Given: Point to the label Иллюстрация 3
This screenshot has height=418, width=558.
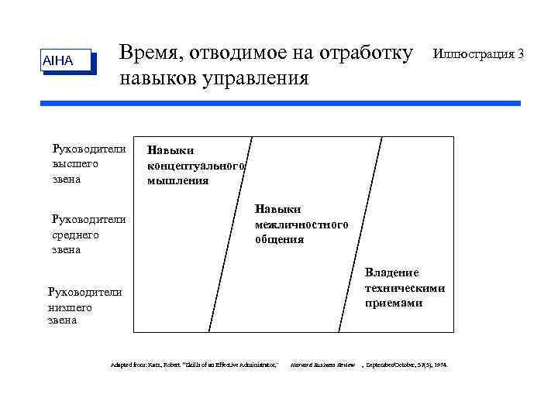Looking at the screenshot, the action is click(x=478, y=54).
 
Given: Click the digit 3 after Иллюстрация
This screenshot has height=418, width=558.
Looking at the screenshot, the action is click(x=521, y=54).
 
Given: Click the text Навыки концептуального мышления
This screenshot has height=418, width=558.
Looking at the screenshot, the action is click(x=196, y=165).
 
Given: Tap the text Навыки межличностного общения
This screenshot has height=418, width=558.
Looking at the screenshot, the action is click(x=301, y=224).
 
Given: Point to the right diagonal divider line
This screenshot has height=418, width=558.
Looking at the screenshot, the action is click(x=353, y=232).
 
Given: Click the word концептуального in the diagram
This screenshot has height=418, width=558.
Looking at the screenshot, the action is click(x=196, y=166).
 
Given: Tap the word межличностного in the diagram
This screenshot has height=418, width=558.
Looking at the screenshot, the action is click(x=301, y=224).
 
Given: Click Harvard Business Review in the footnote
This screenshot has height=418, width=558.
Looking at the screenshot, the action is click(x=322, y=364).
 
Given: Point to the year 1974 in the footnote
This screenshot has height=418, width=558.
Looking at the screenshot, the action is click(x=439, y=364).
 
